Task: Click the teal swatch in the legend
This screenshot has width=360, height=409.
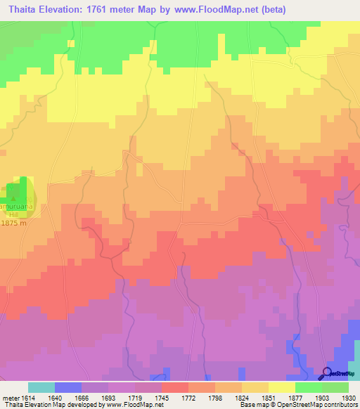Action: coord(41,387)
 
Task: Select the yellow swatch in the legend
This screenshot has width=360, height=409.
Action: coord(281,387)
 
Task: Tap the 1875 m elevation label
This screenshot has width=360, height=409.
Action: coord(13,223)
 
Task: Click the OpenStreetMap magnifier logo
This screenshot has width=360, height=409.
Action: coord(326,372)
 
